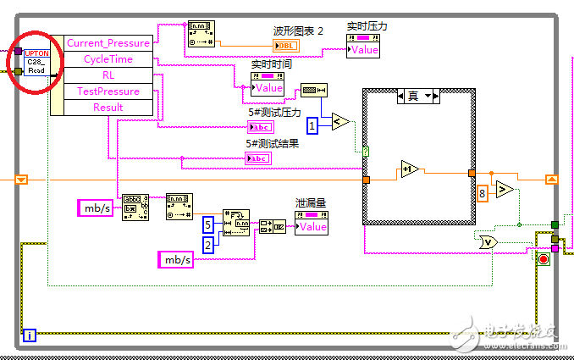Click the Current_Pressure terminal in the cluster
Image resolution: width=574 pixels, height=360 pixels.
pos(108,43)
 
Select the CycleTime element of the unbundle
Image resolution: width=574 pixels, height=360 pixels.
pos(108,59)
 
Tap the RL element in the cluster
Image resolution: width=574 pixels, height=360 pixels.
pos(108,75)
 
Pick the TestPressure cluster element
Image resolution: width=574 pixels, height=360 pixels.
pos(108,91)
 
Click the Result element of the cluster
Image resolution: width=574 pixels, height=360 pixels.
pos(108,108)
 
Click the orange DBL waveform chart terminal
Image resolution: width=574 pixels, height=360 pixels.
pos(286,44)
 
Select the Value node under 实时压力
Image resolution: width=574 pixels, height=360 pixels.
pos(363,50)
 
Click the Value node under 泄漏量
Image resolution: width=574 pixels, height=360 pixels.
pos(312,226)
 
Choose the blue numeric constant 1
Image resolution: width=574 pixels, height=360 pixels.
pos(312,126)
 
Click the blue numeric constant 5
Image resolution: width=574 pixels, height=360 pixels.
pos(208,224)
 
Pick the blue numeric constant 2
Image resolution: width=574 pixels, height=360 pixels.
pos(208,245)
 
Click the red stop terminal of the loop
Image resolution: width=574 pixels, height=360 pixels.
pos(543,258)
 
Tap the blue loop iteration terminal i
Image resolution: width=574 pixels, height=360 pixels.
pos(30,335)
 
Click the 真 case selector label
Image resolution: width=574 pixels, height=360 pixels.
pos(413,96)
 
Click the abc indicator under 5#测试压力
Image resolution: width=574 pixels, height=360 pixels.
pos(260,127)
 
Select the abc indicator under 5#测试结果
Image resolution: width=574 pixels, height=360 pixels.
pos(258,158)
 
